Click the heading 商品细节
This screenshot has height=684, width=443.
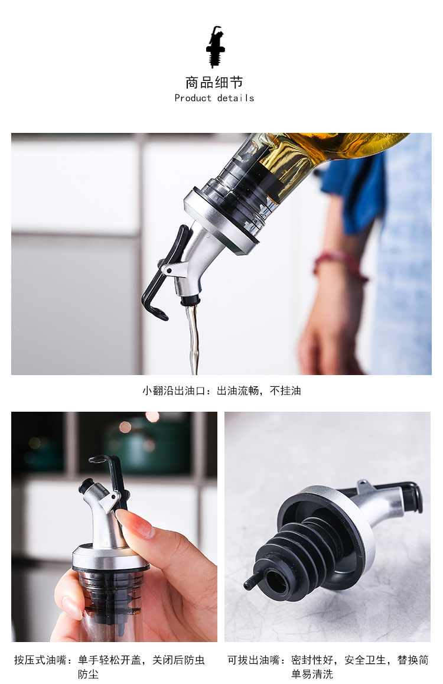click(214, 82)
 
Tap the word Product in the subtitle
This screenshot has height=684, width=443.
click(193, 98)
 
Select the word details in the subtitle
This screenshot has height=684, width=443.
click(236, 98)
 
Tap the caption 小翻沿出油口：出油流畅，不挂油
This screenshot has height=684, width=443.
click(221, 390)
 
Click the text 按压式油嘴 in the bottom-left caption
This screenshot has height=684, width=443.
click(41, 660)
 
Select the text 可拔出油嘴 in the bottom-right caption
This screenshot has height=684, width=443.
click(254, 660)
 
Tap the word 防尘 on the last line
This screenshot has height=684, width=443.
click(88, 674)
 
